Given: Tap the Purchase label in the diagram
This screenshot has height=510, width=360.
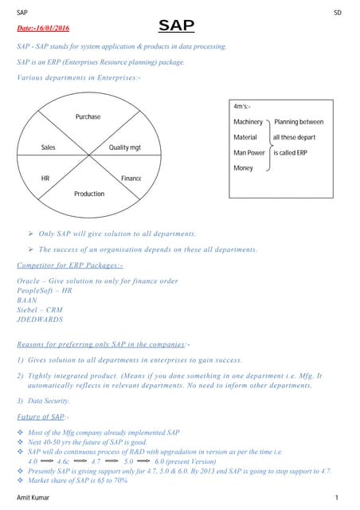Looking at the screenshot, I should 88,116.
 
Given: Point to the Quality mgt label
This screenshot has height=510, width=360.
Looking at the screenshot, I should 124,147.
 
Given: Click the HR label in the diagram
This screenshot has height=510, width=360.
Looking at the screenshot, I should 45,178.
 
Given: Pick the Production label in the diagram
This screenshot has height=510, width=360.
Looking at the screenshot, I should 88,194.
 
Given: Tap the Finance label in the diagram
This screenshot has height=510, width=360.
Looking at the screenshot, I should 131,178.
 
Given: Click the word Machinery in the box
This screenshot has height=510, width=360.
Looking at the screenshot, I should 248,122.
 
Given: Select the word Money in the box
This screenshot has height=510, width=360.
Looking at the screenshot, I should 243,168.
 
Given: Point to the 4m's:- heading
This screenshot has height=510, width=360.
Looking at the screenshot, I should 242,106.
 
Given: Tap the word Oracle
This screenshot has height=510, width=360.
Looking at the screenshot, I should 29,280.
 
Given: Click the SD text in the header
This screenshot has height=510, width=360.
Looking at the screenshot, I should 338,14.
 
